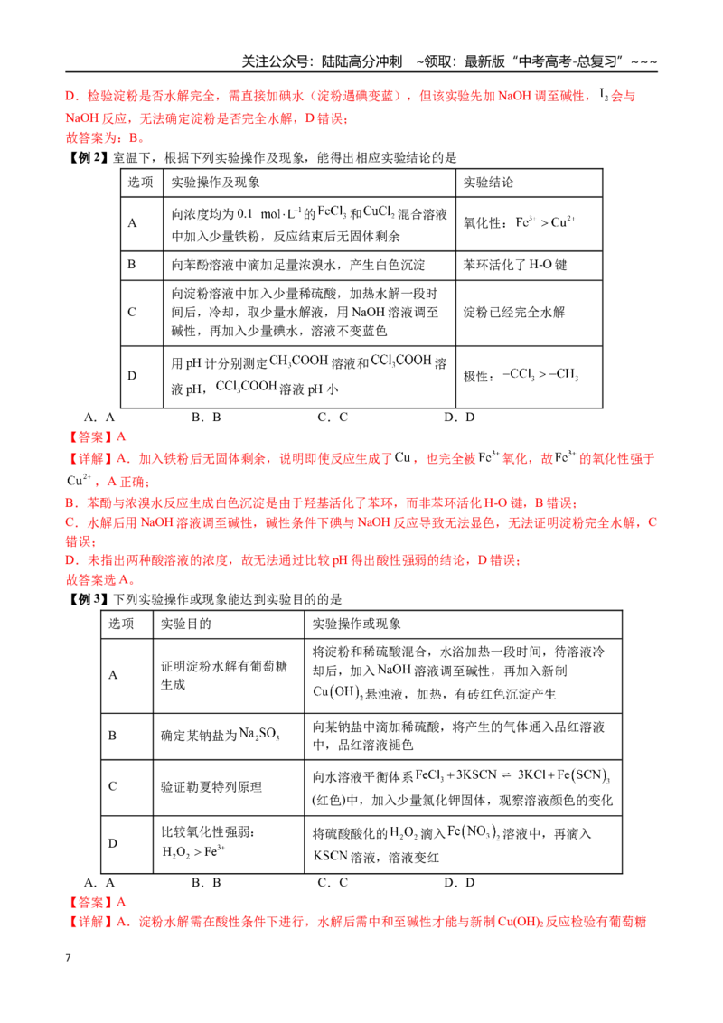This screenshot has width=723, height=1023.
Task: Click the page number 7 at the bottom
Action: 68,958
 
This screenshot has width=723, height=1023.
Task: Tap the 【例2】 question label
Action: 88,158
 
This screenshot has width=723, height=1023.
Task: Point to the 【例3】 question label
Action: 88,599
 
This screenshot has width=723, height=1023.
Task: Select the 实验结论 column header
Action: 488,183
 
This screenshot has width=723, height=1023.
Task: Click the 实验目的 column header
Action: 186,624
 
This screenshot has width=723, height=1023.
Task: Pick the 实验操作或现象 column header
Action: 356,624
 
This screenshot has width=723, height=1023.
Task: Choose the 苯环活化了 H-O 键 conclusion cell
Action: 515,265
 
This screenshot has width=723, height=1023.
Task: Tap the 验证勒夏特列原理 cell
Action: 211,787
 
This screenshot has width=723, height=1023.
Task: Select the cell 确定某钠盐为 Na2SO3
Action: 221,736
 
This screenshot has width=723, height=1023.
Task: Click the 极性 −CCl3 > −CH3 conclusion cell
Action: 521,376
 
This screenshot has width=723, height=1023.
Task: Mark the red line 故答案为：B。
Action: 105,137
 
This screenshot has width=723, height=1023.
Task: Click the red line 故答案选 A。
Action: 101,579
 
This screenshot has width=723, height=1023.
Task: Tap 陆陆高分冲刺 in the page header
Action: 361,62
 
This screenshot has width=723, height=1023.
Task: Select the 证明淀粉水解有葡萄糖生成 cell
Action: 224,675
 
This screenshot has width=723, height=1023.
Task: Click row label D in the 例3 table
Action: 113,843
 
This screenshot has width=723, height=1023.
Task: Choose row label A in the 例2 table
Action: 133,223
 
